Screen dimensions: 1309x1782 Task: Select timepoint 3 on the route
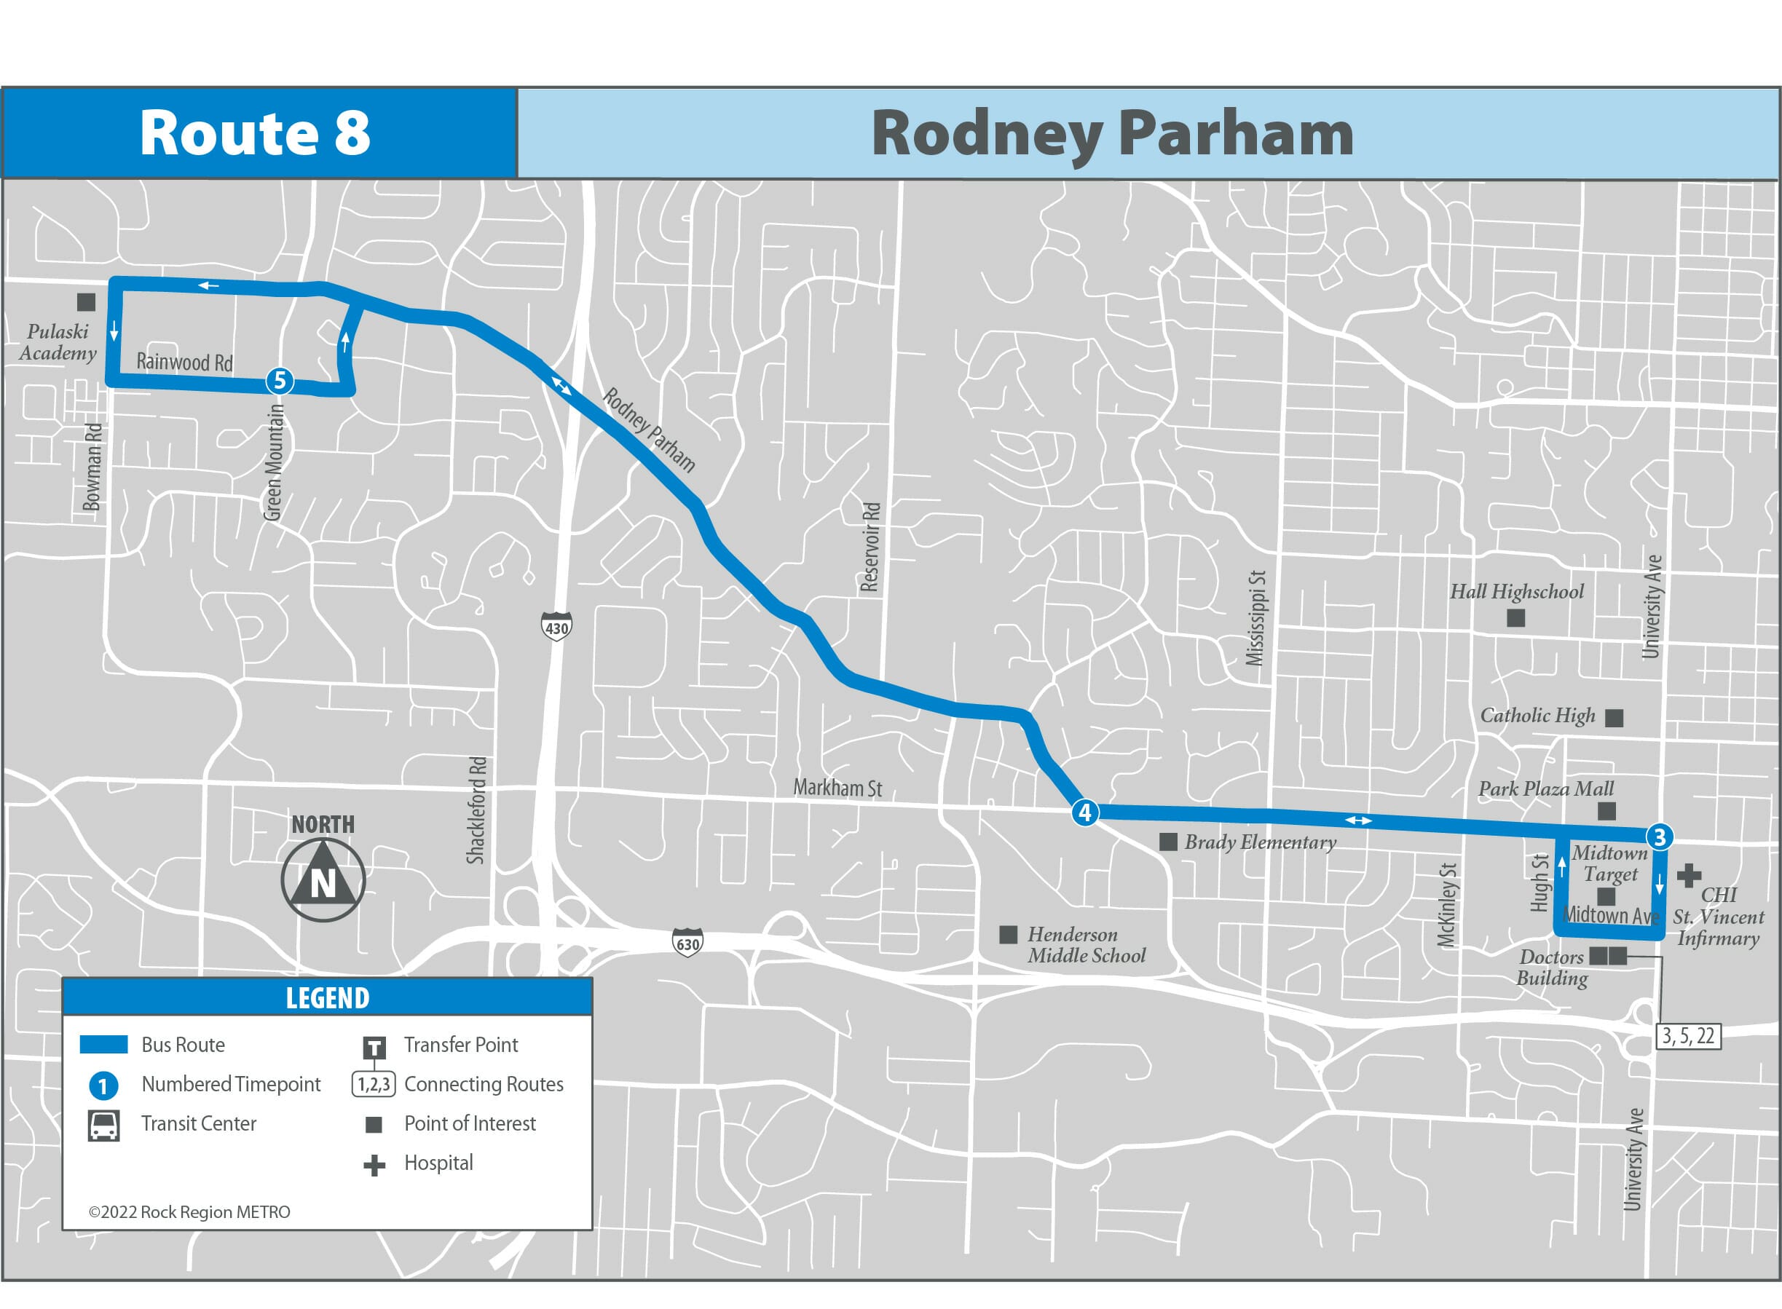(x=1659, y=836)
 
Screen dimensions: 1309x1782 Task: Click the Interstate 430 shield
(x=556, y=626)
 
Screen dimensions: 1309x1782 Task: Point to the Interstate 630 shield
(x=687, y=943)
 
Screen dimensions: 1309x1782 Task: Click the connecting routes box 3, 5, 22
(x=1687, y=1036)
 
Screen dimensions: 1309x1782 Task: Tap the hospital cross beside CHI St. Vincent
(x=1689, y=875)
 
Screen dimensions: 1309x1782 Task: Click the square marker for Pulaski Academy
(x=86, y=302)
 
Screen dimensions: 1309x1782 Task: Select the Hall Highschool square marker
(x=1515, y=617)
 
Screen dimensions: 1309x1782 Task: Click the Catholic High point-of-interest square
(x=1613, y=717)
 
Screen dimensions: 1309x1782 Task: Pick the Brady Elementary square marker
(x=1167, y=842)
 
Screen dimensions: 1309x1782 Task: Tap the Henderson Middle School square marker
(x=1008, y=934)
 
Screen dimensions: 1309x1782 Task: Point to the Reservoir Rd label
(x=870, y=547)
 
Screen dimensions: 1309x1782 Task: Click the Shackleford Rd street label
(x=476, y=810)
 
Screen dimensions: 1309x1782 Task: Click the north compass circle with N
(x=323, y=879)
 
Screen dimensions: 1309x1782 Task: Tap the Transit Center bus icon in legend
(x=104, y=1125)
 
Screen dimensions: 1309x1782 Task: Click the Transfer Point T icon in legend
(x=374, y=1048)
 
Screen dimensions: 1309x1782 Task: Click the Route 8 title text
(x=256, y=133)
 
